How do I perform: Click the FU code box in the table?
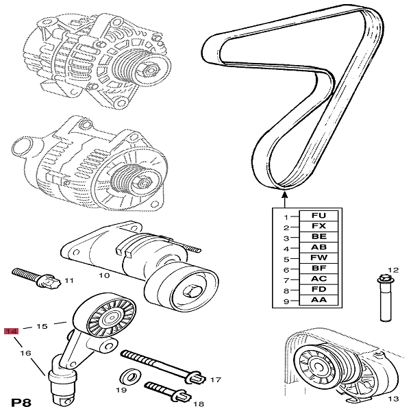(x=318, y=216)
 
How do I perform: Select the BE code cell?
(x=318, y=237)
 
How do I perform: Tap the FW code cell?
(x=318, y=258)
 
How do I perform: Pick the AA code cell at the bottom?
(x=318, y=301)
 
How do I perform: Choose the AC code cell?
(x=318, y=279)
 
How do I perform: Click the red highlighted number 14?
(x=10, y=332)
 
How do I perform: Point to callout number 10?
(x=103, y=275)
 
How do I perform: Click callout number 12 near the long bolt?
(x=393, y=270)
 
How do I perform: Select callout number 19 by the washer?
(x=121, y=389)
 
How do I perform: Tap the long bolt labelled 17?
(x=161, y=365)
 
